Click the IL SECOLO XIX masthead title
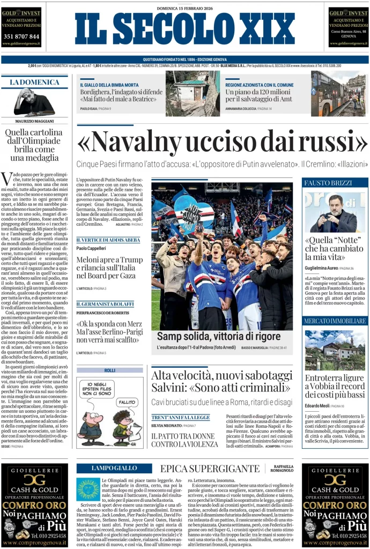pyautogui.click(x=184, y=29)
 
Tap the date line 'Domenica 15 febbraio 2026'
pyautogui.click(x=184, y=8)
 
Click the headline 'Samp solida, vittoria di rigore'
pyautogui.click(x=218, y=336)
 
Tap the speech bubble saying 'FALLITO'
pyautogui.click(x=128, y=401)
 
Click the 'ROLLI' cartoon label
pyautogui.click(x=109, y=370)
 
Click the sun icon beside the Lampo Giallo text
pyautogui.click(x=88, y=489)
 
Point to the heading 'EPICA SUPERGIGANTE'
pyautogui.click(x=206, y=469)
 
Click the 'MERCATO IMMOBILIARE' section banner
pyautogui.click(x=335, y=321)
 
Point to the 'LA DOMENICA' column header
pyautogui.click(x=34, y=81)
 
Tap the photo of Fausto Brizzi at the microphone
pyautogui.click(x=335, y=212)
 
